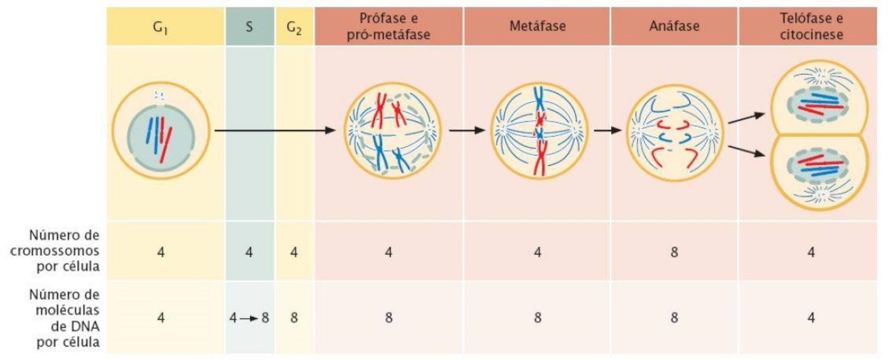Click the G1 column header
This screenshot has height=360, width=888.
[160, 27]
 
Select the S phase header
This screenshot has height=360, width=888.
[249, 26]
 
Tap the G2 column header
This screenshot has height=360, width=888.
[294, 27]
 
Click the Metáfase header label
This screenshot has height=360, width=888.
[537, 26]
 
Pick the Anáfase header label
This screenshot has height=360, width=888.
[674, 26]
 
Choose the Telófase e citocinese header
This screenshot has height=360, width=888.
[811, 26]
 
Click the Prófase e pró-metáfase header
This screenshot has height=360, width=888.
[389, 26]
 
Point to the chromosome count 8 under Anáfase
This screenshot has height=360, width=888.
[674, 252]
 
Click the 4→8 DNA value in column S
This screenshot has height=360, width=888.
[249, 317]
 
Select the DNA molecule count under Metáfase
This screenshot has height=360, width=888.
[537, 317]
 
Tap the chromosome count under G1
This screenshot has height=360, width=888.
[160, 252]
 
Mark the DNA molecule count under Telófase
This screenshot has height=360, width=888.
[811, 317]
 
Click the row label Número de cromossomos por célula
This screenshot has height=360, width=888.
[55, 251]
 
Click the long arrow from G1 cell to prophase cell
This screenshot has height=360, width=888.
[274, 130]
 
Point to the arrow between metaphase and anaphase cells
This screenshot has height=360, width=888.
[608, 130]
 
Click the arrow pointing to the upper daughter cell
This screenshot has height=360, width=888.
[746, 117]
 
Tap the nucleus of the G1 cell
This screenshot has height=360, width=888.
[161, 138]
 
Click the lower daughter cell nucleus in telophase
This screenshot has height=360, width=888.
[818, 166]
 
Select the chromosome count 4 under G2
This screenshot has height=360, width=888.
[294, 252]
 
